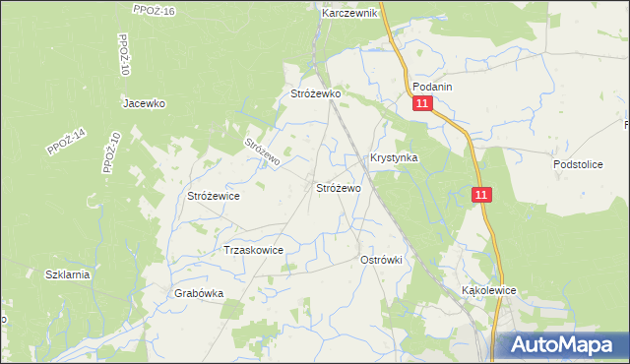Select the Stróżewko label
point(315,94)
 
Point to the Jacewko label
point(143,103)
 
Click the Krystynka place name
point(394,157)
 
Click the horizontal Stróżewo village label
point(338,187)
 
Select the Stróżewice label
point(214,196)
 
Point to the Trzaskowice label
point(254,250)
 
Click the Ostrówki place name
point(382,259)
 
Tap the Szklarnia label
point(67,274)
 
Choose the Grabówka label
point(199,293)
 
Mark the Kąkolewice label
point(489,291)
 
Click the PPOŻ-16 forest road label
point(153,11)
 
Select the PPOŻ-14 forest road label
point(67,142)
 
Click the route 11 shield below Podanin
point(421,104)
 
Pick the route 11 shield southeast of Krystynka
point(480,196)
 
